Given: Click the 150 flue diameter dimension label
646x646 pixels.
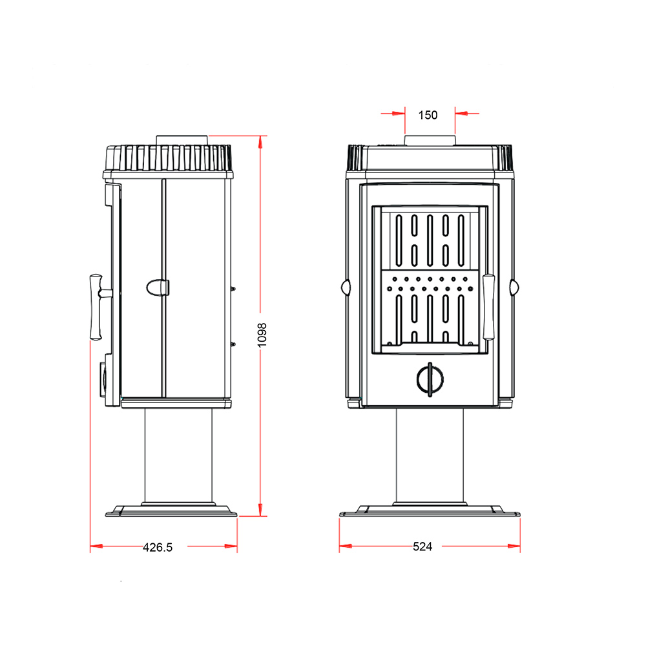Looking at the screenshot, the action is (x=428, y=115).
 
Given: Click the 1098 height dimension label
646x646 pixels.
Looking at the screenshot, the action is (x=262, y=335).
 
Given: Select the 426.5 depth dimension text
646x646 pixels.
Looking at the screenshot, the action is (x=158, y=547).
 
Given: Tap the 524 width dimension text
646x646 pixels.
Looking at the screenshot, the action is (x=422, y=547).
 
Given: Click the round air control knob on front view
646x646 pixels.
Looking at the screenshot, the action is (x=430, y=379).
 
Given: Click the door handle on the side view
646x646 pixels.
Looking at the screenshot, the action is (x=99, y=307).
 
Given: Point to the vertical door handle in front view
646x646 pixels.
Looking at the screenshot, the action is (x=488, y=307).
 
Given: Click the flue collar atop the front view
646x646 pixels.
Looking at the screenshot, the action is (x=430, y=140).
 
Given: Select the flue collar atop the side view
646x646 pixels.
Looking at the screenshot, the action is (x=182, y=140).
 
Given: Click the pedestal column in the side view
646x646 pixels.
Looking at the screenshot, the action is (x=178, y=455).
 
